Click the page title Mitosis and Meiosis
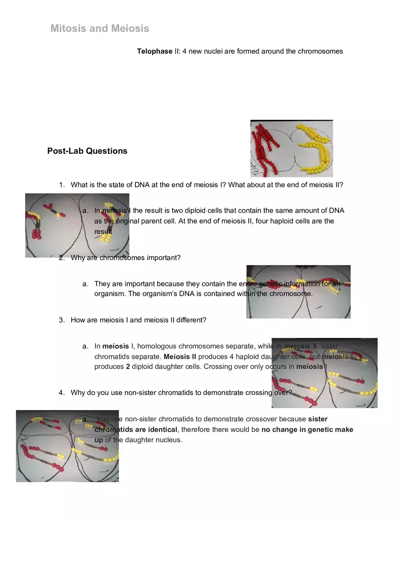(100, 28)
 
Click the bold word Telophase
(154, 51)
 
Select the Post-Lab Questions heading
(87, 151)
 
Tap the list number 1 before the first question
(62, 184)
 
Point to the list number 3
(62, 320)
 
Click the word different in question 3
(191, 320)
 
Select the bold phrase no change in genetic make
(307, 429)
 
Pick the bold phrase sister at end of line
(318, 419)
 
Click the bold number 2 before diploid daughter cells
(128, 366)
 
